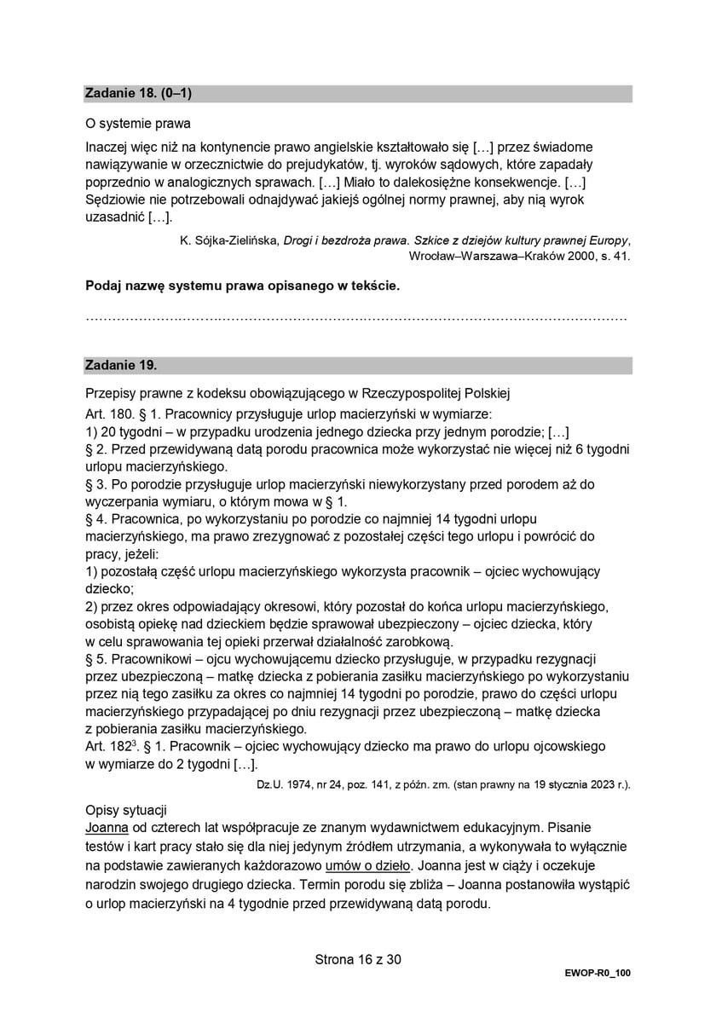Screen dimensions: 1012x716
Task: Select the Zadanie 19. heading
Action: click(120, 365)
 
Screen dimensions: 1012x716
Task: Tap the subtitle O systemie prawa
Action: click(138, 124)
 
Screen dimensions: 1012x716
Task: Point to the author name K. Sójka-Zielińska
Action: click(230, 240)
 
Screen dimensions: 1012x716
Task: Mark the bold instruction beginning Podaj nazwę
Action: click(243, 286)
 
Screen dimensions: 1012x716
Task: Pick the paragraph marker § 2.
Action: click(97, 448)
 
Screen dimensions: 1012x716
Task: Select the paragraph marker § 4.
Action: click(97, 518)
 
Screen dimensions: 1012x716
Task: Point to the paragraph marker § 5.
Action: click(97, 659)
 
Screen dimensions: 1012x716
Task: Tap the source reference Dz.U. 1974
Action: click(287, 784)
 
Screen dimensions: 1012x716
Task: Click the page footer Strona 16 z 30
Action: click(358, 960)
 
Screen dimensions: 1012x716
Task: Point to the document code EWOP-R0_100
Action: click(598, 973)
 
